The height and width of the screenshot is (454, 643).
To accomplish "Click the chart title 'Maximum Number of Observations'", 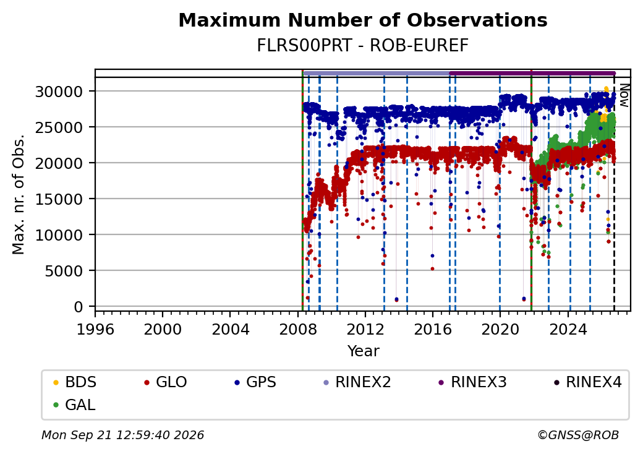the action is [x=363, y=20].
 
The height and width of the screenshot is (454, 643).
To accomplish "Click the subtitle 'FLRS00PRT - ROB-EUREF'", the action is [x=362, y=46].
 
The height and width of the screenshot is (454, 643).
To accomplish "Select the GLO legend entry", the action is [x=166, y=382].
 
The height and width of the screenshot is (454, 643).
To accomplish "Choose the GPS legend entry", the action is [x=255, y=382].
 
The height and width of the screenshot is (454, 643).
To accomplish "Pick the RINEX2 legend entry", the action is [x=357, y=382].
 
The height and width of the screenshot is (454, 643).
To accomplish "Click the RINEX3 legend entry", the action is [x=472, y=382].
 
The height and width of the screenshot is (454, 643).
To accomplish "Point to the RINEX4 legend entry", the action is [x=587, y=382].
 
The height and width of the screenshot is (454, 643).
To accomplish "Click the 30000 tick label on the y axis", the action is [x=59, y=92].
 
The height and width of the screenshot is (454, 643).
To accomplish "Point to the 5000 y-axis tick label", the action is [x=64, y=271].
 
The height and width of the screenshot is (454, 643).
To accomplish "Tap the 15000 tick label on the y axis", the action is [x=59, y=199].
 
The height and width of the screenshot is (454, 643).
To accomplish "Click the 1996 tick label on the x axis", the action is [x=95, y=329].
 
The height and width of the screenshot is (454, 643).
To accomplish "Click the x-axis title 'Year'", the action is [x=363, y=351].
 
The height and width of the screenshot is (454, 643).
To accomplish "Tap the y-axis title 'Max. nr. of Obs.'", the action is [x=19, y=194].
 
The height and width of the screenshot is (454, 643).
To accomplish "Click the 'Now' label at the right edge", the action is [x=624, y=95].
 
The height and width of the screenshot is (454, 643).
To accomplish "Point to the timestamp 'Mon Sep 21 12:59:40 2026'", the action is [x=122, y=435].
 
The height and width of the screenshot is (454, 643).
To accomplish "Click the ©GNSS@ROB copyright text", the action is [x=578, y=435].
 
